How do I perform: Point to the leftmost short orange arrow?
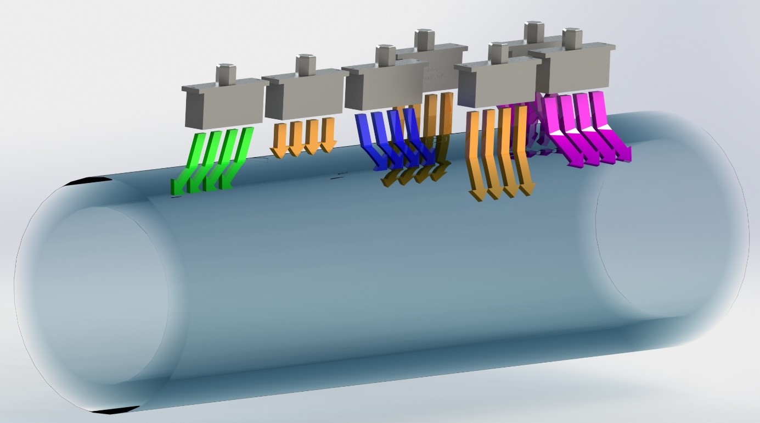[279, 140]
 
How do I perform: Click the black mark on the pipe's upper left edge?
[91, 182]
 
